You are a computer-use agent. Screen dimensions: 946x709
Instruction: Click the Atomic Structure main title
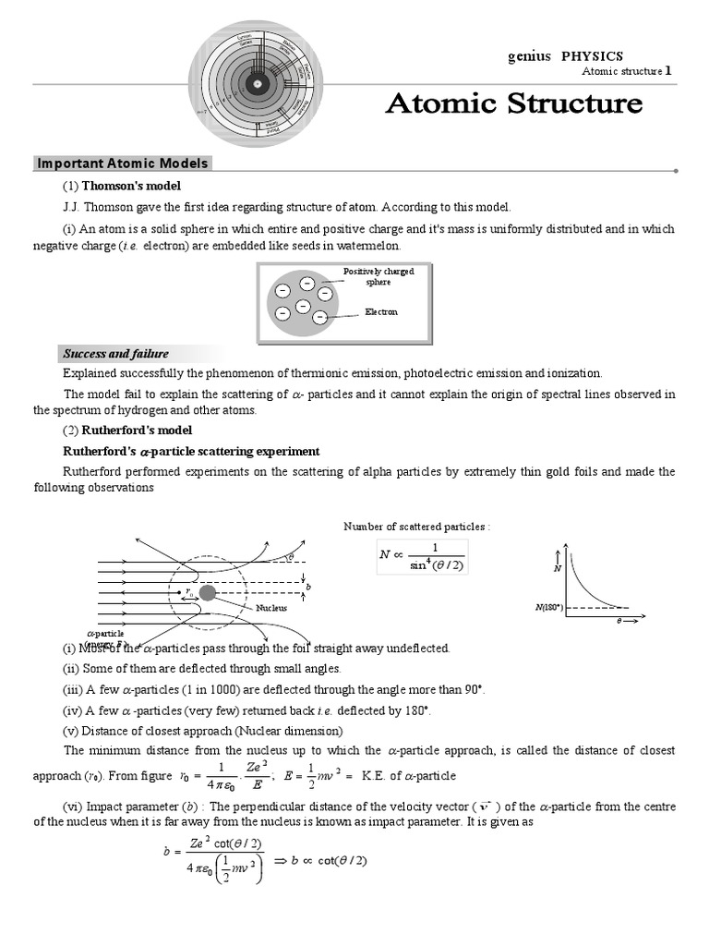click(x=513, y=103)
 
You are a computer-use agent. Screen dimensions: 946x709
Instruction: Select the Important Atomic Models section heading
click(x=123, y=164)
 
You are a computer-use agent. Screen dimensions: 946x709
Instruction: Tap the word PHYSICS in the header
click(x=592, y=56)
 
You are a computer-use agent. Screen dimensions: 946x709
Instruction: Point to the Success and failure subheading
click(x=115, y=354)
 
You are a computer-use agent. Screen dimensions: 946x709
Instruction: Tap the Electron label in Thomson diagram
click(x=381, y=312)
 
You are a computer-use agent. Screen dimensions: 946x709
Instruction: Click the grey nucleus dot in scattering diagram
click(x=208, y=592)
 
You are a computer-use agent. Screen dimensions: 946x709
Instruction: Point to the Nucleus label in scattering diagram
click(x=271, y=608)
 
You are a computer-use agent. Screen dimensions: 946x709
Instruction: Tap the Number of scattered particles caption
click(x=415, y=527)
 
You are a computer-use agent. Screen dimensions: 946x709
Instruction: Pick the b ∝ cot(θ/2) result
click(x=329, y=861)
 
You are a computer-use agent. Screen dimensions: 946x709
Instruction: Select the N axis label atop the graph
click(x=557, y=568)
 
